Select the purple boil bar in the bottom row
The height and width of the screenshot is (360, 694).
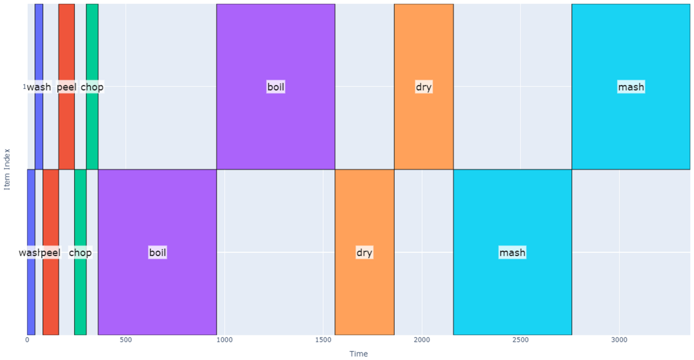pos(157,208)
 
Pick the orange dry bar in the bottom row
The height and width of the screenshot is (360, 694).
pos(364,208)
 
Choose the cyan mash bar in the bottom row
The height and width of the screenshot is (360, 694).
pos(512,208)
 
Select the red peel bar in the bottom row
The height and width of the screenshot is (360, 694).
pos(51,208)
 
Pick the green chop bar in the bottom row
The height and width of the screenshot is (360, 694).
pos(80,208)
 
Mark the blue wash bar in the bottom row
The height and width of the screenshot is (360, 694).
pos(31,208)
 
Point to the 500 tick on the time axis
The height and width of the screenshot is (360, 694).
pos(126,340)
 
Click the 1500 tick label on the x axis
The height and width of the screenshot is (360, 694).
pos(323,340)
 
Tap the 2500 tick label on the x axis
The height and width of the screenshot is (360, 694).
pos(520,340)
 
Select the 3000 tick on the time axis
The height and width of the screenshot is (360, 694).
pos(619,340)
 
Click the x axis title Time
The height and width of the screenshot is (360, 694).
pos(358,354)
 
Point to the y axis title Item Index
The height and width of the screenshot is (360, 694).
pos(7,169)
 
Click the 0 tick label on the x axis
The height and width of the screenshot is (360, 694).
pos(27,340)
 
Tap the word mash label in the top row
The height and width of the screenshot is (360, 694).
pos(631,87)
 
